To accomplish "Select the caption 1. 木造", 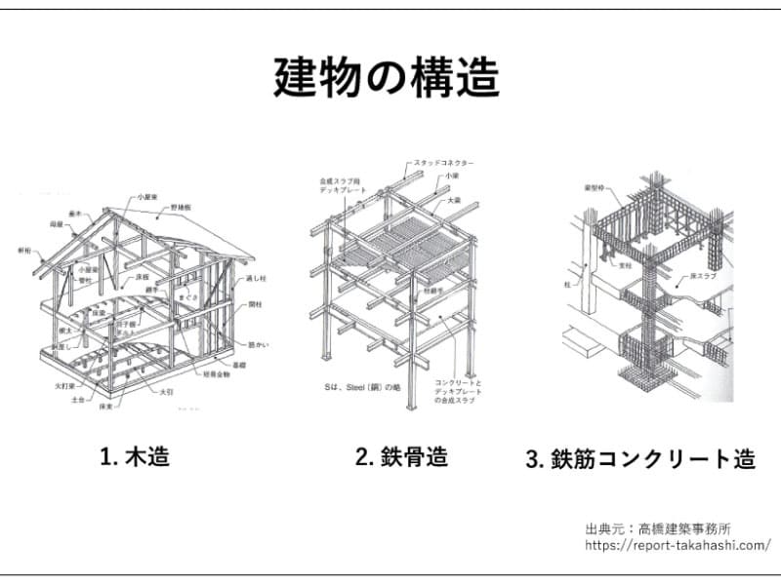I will [135, 456].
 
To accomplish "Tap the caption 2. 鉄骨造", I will [401, 456].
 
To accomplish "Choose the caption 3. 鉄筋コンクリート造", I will [639, 459].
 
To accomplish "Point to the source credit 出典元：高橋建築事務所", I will [658, 528].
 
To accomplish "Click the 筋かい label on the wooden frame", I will [261, 343].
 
